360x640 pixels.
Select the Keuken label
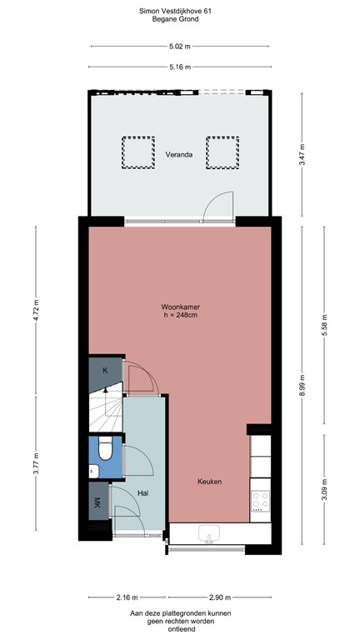tap(209, 482)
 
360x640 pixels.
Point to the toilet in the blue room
tap(106, 451)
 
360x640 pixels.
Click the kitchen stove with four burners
tap(260, 500)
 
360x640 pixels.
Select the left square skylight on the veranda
tap(137, 152)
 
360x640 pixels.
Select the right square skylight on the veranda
tap(221, 152)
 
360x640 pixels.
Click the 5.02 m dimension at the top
tap(179, 47)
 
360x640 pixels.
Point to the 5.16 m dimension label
tap(179, 67)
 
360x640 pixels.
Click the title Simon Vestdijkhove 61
tap(179, 11)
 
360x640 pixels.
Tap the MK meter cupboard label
tap(97, 504)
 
